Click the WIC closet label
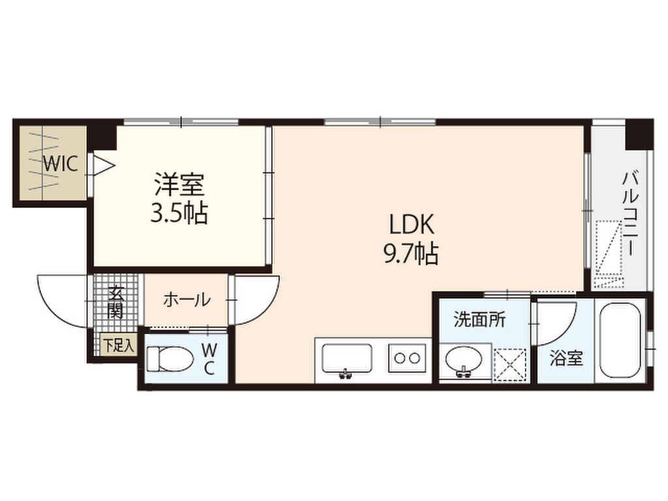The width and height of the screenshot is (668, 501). click(61, 163)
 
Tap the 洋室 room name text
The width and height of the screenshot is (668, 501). click(179, 184)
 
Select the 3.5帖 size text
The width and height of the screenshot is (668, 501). click(179, 213)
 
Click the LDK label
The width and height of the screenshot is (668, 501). click(412, 224)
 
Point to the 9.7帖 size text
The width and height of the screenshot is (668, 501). click(412, 254)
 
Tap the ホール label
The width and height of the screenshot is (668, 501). click(187, 300)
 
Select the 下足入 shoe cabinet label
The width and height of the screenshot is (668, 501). click(119, 345)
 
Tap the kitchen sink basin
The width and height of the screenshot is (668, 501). click(347, 359)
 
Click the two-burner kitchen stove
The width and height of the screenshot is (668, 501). click(407, 358)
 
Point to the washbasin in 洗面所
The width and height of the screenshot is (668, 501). click(464, 359)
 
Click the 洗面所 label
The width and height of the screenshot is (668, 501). click(479, 319)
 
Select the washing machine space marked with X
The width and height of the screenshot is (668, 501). click(509, 365)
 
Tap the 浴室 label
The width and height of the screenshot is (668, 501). click(566, 358)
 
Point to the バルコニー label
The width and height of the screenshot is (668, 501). click(631, 213)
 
